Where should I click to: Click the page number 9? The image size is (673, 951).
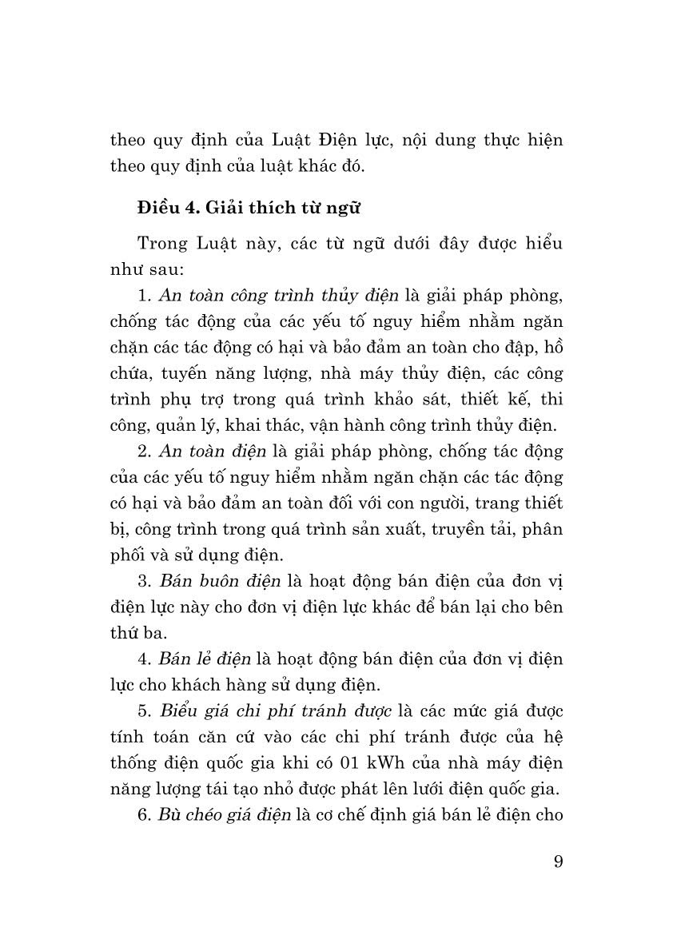(557, 862)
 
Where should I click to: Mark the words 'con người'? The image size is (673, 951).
(434, 503)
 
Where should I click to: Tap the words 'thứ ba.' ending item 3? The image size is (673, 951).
(139, 633)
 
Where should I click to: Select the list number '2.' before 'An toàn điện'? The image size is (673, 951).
(144, 452)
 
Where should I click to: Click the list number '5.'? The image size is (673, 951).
(144, 710)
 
